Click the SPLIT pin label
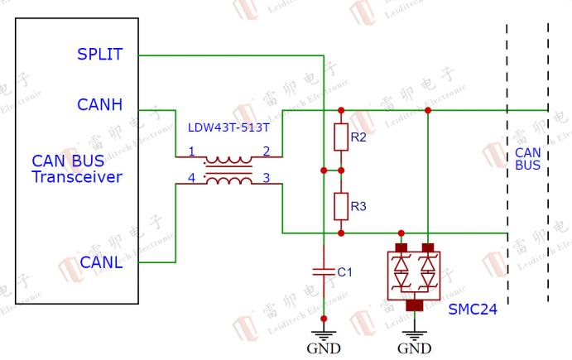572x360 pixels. click(99, 55)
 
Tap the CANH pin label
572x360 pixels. click(99, 105)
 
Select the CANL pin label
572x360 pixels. click(102, 262)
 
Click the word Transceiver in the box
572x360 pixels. click(77, 177)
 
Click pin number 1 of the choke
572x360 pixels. click(191, 151)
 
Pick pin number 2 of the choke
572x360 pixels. click(266, 151)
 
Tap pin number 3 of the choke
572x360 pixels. click(266, 177)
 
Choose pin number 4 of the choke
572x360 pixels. click(191, 177)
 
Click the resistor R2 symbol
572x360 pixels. click(340, 137)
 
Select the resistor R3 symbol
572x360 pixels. click(340, 206)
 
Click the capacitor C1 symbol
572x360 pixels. click(323, 271)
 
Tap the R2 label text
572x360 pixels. click(358, 137)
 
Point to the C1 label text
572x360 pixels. click(345, 271)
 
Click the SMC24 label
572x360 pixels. click(473, 310)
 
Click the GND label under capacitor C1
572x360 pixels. click(323, 348)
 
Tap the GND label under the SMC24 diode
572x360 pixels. click(414, 348)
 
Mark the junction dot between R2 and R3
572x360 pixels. click(340, 170)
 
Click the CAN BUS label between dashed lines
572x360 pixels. click(527, 159)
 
